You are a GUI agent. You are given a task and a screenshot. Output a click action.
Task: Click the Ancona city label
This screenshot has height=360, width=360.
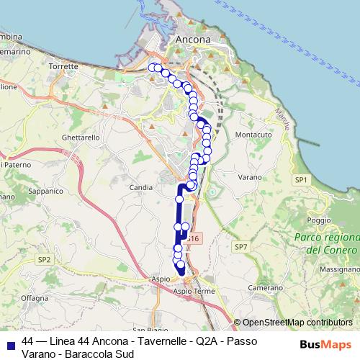193,39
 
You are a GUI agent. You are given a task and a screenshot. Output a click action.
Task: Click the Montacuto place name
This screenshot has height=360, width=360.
253,135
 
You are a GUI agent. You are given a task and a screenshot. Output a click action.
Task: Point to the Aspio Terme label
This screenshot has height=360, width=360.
194,291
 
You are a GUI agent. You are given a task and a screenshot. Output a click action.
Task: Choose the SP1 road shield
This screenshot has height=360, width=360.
300,179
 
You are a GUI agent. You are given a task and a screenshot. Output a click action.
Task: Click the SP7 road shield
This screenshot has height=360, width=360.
240,246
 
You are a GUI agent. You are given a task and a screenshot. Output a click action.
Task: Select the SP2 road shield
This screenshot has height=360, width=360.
45,258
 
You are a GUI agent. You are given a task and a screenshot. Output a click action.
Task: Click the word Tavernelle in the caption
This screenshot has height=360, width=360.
144,340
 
